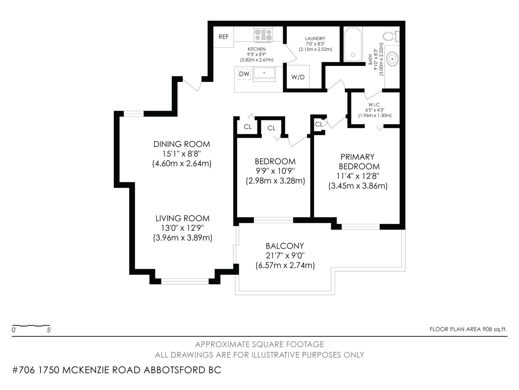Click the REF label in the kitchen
223,37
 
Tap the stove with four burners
263,35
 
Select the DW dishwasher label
244,74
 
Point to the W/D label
298,77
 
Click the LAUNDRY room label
315,38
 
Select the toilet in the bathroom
391,36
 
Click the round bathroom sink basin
392,59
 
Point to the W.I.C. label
375,105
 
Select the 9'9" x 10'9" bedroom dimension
275,171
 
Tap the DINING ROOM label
182,144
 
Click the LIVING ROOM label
183,218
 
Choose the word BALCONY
285,246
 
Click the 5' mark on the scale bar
49,330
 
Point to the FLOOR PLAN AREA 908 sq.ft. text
468,329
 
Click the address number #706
23,370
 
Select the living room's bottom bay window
185,281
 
